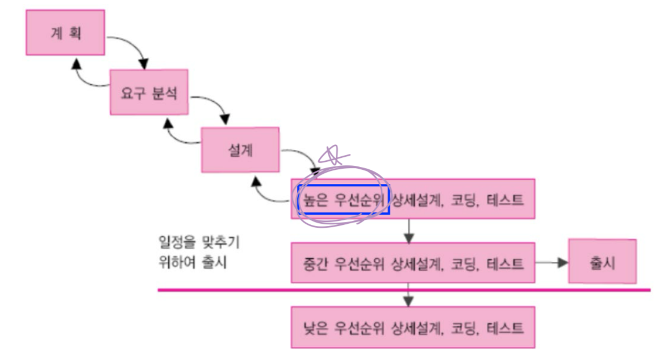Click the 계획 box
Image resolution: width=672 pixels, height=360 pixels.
(65, 32)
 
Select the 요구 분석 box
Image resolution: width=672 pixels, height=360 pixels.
(149, 92)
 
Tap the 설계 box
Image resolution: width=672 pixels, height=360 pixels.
(240, 149)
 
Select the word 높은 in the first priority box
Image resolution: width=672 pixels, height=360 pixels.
(314, 200)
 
